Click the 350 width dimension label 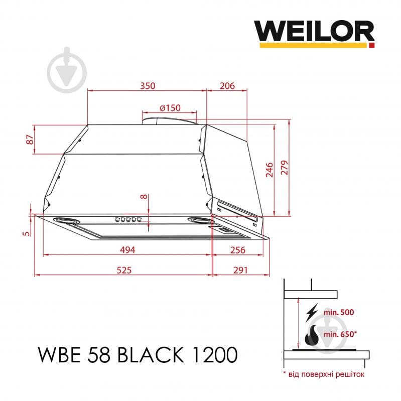point(147,85)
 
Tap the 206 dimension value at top point(227,85)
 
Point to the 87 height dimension point(30,140)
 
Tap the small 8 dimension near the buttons point(145,197)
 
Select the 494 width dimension point(128,250)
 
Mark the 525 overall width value point(123,270)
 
